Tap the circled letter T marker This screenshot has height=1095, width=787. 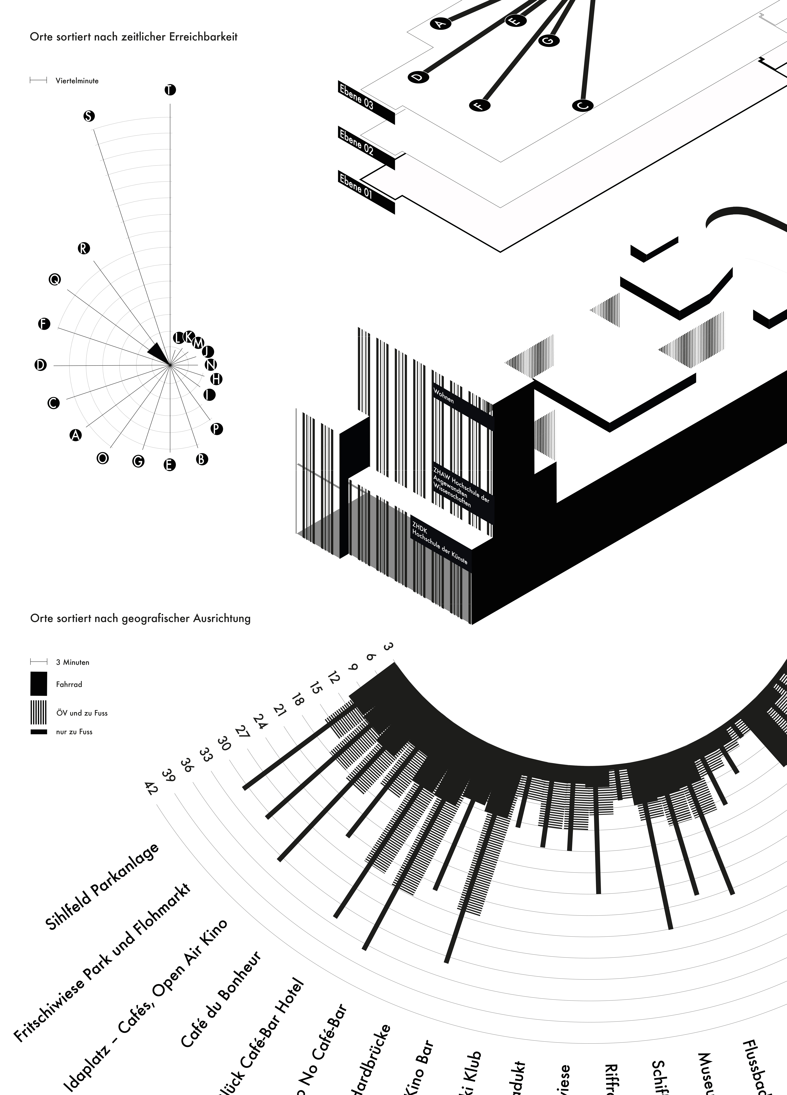[x=170, y=90]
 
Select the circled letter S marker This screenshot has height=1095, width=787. [x=89, y=116]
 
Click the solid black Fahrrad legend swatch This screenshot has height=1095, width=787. [x=39, y=684]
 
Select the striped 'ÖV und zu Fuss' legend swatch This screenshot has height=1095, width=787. [x=39, y=712]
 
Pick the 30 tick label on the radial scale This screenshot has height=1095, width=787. [x=224, y=744]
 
